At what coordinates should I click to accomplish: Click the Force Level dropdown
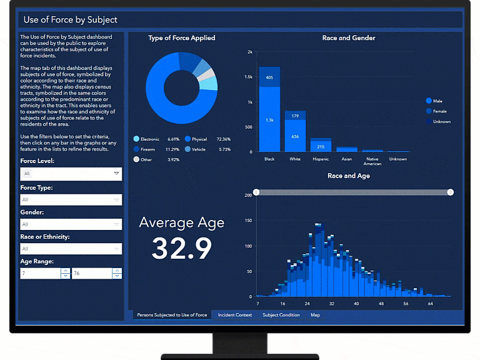point(71,174)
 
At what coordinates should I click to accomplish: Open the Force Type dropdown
point(71,199)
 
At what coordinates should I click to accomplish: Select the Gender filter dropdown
point(71,224)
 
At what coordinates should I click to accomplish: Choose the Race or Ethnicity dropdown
point(71,249)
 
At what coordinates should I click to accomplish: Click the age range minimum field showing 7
point(40,273)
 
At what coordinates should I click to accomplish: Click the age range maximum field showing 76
point(92,273)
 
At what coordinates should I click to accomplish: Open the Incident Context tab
point(235,315)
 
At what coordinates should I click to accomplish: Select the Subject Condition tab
point(281,315)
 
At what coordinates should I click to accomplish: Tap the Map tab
point(316,315)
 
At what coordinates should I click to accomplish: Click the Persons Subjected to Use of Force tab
point(172,315)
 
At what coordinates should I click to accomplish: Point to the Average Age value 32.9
point(182,248)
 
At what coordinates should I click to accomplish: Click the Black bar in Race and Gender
point(269,112)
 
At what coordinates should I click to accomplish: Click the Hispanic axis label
point(321,159)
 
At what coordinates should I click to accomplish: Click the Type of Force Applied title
point(181,38)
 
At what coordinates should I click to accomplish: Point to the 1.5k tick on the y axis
point(248,77)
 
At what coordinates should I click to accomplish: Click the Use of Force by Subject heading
point(70,20)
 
